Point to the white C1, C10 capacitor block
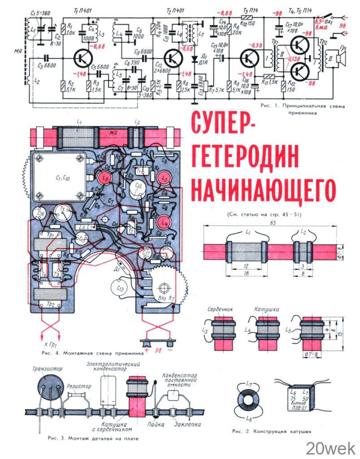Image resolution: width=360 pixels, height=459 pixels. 58,177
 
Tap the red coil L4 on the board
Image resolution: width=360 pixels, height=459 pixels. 164,221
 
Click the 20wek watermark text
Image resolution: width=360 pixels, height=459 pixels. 330,447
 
